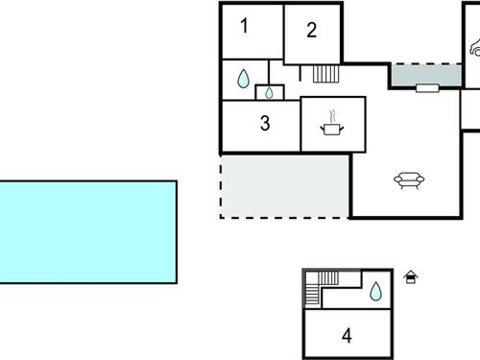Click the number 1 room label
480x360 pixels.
(244, 26)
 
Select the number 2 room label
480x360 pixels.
(312, 30)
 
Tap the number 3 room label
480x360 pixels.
(265, 123)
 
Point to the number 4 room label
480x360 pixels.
(347, 335)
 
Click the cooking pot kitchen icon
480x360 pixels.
(333, 127)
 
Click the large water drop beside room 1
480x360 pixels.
(244, 77)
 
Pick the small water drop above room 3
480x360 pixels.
(270, 92)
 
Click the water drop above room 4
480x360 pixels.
(375, 290)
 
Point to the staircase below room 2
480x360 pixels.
(325, 73)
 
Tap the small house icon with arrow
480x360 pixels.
(411, 277)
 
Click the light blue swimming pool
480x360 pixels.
(88, 231)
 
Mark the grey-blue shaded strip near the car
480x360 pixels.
(425, 74)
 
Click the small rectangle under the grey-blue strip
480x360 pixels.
(427, 88)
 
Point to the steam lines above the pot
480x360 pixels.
(333, 115)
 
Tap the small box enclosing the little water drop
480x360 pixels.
(270, 92)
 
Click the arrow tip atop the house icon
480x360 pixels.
(411, 272)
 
